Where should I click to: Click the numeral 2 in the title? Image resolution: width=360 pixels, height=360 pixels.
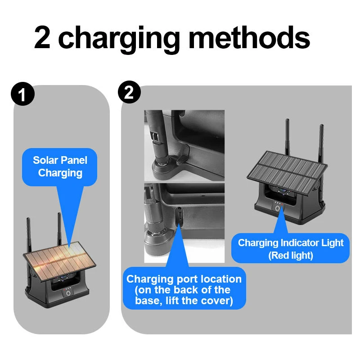42,37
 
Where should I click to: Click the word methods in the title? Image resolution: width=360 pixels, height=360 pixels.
249,37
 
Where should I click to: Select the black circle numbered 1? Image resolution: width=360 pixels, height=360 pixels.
22,94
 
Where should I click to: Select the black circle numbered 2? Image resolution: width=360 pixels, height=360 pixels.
129,92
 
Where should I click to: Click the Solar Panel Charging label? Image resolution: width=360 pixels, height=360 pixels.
60,166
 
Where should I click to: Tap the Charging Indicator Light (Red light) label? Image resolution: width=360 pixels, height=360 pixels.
290,249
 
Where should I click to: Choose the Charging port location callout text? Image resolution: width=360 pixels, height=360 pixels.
184,290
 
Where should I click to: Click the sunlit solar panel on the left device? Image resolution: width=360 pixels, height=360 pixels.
59,261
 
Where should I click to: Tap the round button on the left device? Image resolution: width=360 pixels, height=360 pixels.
68,293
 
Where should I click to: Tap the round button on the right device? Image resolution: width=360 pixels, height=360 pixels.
278,208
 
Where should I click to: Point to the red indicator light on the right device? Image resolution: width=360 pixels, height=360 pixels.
283,204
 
